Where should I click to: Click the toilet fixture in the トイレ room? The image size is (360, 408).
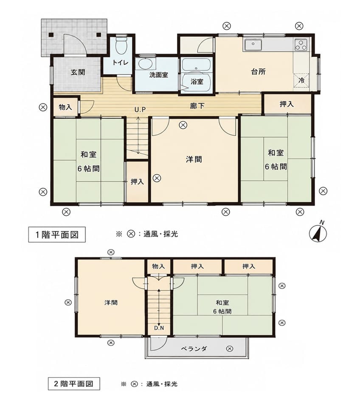[x=121, y=45]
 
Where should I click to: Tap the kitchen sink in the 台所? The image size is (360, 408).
[x=253, y=45]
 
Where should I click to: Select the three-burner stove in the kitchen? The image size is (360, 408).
[x=301, y=45]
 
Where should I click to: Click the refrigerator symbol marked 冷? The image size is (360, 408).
[x=301, y=80]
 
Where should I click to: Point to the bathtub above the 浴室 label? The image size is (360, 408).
[x=196, y=64]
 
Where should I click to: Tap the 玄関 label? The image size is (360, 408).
[x=78, y=72]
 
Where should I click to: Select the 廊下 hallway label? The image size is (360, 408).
[x=197, y=106]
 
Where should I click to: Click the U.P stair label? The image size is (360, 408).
[x=140, y=110]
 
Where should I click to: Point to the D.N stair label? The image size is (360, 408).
[x=159, y=328]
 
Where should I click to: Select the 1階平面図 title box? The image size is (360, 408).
[x=57, y=235]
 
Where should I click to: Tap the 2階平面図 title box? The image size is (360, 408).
[x=74, y=384]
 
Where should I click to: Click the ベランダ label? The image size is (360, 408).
[x=194, y=348]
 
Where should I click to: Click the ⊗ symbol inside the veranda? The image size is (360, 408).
[x=230, y=348]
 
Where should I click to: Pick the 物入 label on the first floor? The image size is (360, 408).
[x=65, y=107]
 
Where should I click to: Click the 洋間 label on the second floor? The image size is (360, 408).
[x=111, y=303]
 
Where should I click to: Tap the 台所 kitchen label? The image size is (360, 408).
[x=259, y=71]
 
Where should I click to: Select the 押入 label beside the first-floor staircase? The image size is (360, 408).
[x=137, y=181]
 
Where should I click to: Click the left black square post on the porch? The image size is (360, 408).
[x=51, y=34]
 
